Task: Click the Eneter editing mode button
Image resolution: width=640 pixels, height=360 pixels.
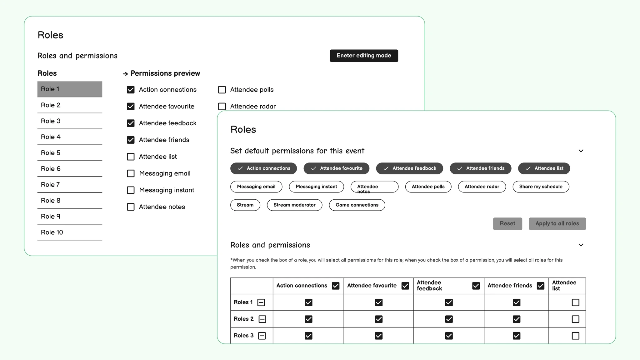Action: tap(364, 56)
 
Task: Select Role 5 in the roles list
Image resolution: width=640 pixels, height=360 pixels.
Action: tap(69, 153)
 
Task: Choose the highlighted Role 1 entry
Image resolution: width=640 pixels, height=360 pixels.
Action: tap(69, 89)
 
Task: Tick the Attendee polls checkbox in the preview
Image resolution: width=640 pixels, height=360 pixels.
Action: tap(222, 90)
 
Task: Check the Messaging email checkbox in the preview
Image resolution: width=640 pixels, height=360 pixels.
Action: tap(131, 173)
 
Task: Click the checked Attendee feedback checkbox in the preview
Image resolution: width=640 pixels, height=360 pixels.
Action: tap(131, 123)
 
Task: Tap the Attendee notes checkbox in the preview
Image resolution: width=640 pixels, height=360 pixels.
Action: tap(131, 207)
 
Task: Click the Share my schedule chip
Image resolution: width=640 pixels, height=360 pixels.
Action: tap(541, 187)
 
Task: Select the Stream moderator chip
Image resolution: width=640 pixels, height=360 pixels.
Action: tap(294, 205)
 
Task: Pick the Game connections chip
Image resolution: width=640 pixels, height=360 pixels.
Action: tap(357, 205)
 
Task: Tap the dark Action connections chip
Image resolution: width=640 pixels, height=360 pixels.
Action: tap(263, 168)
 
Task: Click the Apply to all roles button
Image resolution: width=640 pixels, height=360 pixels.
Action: tap(557, 224)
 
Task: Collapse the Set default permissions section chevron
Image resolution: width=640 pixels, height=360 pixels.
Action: tap(581, 151)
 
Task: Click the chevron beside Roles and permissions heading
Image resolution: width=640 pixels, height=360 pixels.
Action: tap(581, 245)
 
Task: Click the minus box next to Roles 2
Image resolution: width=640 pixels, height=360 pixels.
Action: tap(262, 319)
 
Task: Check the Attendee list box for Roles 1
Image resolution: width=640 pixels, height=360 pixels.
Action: tap(575, 302)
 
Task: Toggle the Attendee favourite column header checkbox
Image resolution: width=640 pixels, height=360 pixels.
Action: tap(405, 286)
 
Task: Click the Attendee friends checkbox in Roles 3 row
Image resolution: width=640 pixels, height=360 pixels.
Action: tap(517, 336)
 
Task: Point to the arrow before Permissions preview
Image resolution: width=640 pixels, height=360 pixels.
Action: tap(125, 74)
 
